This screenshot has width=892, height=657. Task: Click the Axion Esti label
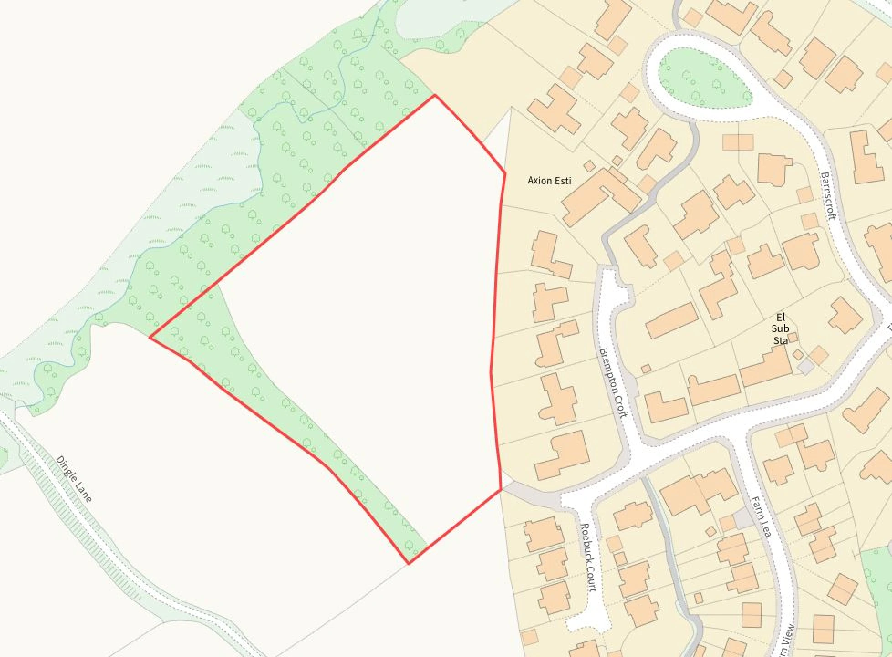tap(549, 181)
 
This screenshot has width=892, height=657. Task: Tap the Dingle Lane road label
tap(74, 479)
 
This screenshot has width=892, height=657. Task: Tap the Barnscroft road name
tap(828, 196)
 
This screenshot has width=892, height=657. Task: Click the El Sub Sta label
tap(780, 328)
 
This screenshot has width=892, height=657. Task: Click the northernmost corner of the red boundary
tap(435, 95)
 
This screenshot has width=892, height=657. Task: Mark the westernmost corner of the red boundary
tap(150, 338)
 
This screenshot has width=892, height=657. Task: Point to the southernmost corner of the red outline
tap(408, 564)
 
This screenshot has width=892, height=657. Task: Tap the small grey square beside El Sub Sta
tap(806, 367)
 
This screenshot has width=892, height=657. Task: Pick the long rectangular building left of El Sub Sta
tap(672, 320)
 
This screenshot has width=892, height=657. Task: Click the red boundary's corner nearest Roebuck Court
tap(502, 490)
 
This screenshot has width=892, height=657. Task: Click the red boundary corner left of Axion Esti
tap(505, 173)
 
